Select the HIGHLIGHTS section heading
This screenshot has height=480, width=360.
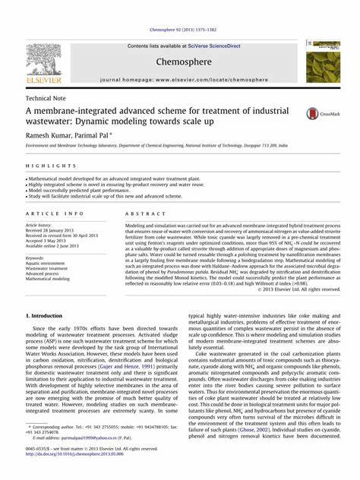(45, 165)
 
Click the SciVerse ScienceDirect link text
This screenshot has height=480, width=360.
(203, 46)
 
